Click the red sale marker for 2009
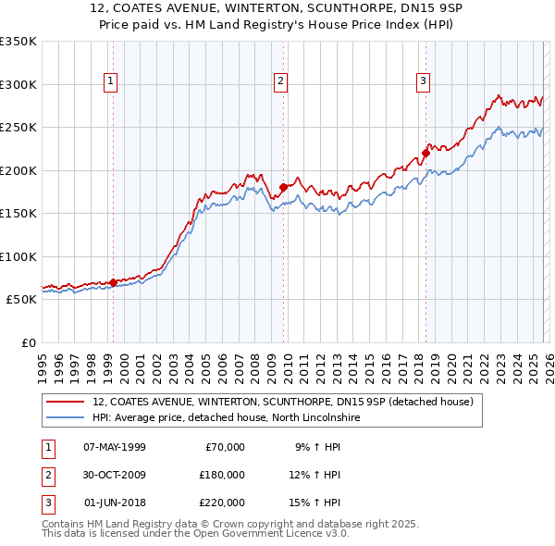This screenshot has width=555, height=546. tap(284, 188)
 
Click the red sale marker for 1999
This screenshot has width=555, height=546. tap(113, 282)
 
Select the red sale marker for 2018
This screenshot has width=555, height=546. tap(425, 153)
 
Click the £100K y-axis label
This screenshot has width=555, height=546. tap(18, 256)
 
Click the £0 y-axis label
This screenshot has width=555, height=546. tap(28, 342)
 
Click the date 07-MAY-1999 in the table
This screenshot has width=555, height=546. tap(115, 447)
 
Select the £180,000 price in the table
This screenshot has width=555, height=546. tap(221, 475)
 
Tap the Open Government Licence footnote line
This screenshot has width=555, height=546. tap(195, 534)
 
